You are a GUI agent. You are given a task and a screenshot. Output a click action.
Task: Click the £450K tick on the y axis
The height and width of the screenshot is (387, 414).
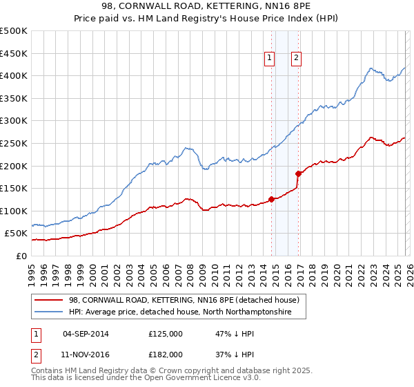(14, 53)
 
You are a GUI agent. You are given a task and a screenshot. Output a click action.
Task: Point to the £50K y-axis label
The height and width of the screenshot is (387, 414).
(16, 234)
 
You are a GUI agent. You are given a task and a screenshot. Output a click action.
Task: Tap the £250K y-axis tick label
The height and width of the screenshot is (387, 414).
(14, 143)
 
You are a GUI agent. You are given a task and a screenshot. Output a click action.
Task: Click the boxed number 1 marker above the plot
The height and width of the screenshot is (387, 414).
(269, 59)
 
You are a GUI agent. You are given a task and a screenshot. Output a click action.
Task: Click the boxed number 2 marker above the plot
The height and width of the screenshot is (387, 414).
(296, 59)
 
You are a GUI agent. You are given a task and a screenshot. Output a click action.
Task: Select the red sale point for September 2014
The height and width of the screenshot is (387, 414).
(271, 199)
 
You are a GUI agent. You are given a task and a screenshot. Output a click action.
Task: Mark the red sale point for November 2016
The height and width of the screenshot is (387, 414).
(298, 173)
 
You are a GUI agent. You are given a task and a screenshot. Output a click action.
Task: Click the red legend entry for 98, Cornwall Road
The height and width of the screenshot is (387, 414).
(184, 301)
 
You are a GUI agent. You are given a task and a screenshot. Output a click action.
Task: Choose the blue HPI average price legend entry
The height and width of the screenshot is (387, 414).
(180, 312)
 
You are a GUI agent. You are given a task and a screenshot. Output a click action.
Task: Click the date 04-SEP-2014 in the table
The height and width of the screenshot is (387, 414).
(86, 334)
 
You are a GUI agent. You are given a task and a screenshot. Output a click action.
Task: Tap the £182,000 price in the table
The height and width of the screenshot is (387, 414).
(166, 354)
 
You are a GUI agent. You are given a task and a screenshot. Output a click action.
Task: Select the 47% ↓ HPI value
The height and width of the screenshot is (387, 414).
(235, 334)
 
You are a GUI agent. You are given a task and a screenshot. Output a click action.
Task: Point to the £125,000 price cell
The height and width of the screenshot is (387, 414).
(166, 334)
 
